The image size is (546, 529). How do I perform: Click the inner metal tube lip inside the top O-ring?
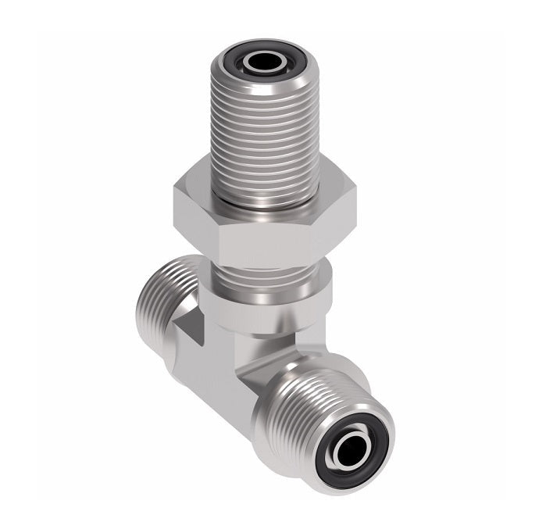pos(252,61)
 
